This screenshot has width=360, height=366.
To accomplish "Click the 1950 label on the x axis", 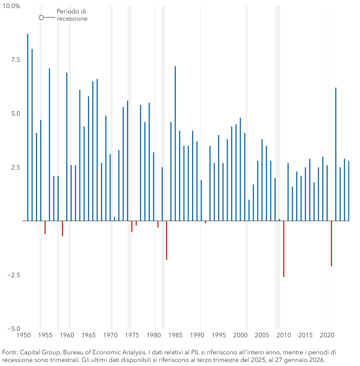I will (x=23, y=335).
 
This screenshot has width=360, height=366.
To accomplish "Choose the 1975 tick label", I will (x=132, y=335).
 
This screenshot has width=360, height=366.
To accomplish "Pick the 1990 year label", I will (x=197, y=335).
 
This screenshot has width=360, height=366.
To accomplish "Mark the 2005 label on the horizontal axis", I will (x=262, y=335).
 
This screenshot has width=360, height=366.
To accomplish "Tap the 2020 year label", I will (x=327, y=335).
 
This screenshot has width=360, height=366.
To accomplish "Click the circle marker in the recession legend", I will (x=41, y=17).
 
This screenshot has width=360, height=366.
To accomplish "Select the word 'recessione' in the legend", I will (x=72, y=19).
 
